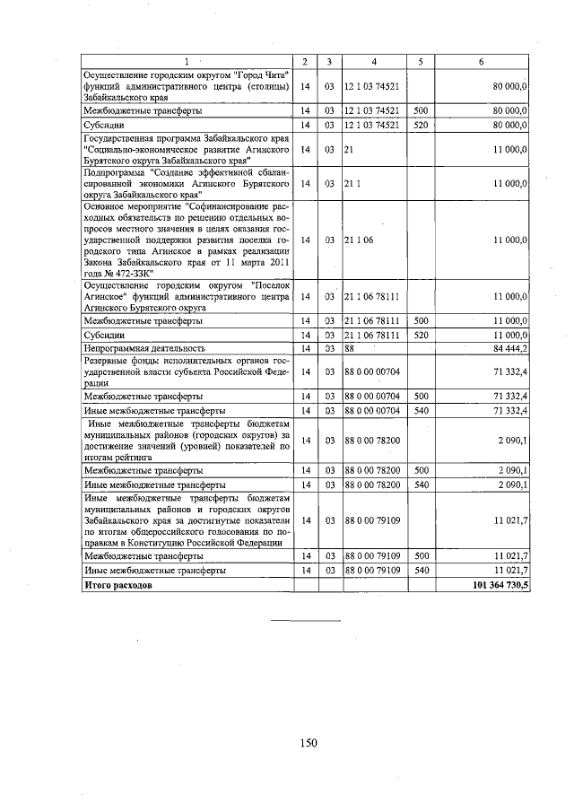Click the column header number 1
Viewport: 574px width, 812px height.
tap(187, 61)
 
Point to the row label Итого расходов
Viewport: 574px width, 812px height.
tap(117, 584)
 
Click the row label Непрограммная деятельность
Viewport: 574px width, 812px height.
tap(144, 347)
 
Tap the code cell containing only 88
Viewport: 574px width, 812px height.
tap(350, 347)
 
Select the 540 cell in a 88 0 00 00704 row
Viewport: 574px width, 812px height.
tap(420, 410)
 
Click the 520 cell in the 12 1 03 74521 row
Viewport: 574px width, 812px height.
tap(420, 125)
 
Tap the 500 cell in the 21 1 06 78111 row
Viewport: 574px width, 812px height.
tap(420, 320)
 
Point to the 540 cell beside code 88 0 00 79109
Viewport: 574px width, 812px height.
tap(420, 570)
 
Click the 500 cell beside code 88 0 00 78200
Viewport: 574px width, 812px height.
tap(420, 469)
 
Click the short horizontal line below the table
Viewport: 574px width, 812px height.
tap(306, 620)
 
